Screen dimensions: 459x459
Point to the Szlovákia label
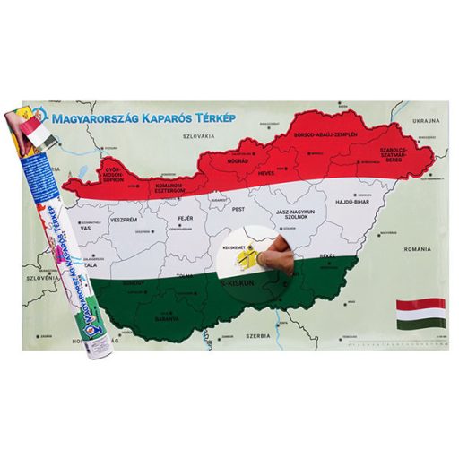(204, 135)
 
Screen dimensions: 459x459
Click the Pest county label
(239, 208)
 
